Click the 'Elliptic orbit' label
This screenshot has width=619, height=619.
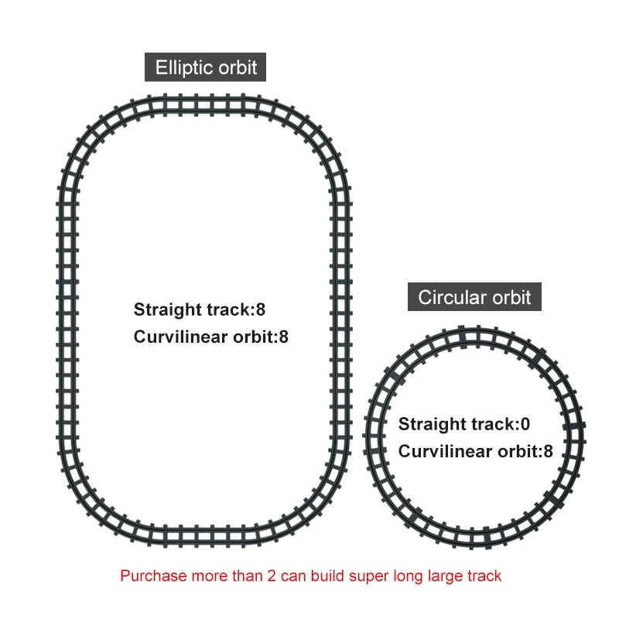pyautogui.click(x=206, y=67)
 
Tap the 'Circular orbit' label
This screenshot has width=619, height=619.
pyautogui.click(x=474, y=297)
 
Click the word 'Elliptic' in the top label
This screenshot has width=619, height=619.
pyautogui.click(x=184, y=67)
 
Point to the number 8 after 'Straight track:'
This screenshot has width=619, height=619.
pyautogui.click(x=261, y=309)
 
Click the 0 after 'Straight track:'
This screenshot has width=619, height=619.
pyautogui.click(x=525, y=424)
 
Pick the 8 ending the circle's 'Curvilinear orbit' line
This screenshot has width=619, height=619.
pyautogui.click(x=548, y=451)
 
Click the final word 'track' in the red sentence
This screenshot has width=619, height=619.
pyautogui.click(x=485, y=576)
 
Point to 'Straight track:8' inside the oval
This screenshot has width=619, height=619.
pyautogui.click(x=200, y=309)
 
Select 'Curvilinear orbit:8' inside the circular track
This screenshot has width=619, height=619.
pyautogui.click(x=475, y=451)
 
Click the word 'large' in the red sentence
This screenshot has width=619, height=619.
pyautogui.click(x=444, y=576)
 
